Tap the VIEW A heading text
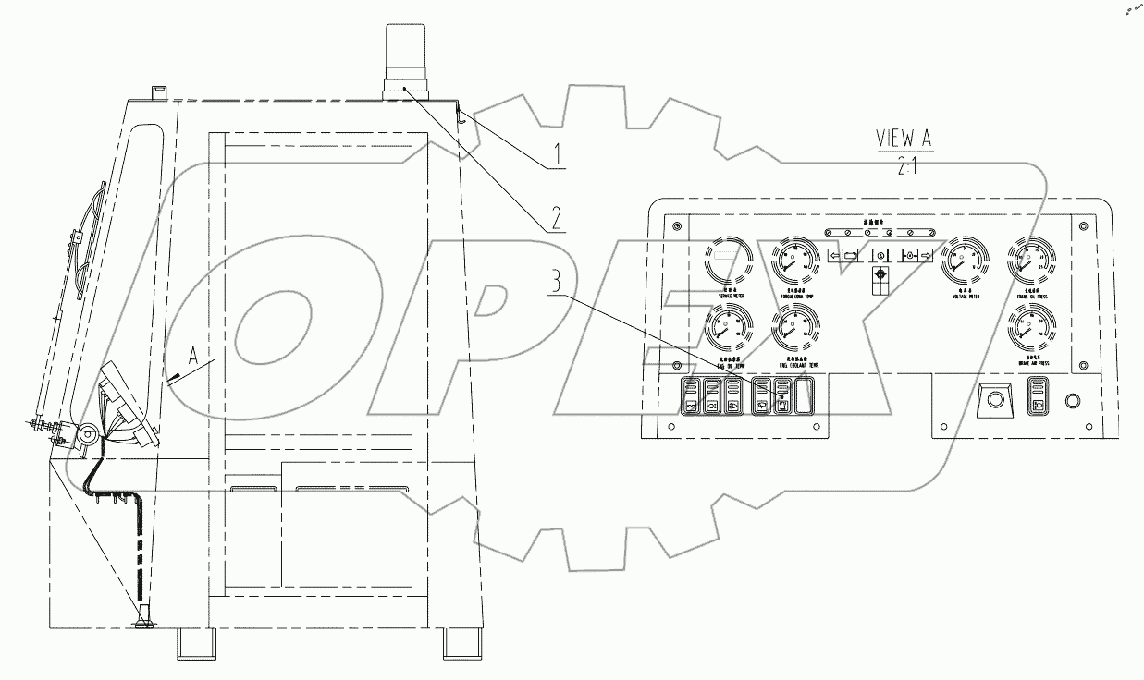905,138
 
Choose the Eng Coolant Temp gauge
794,329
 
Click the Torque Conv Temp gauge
794,261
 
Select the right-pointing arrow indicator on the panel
925,256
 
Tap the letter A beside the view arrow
193,352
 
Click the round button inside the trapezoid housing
994,401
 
